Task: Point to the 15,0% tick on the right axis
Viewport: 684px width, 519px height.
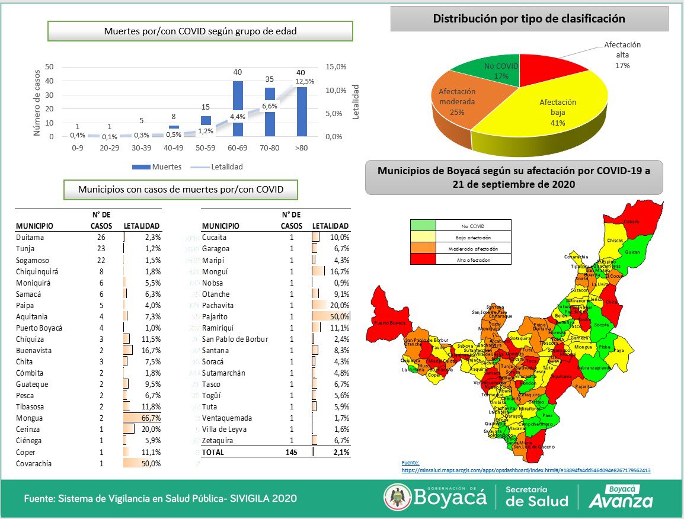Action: click(x=336, y=67)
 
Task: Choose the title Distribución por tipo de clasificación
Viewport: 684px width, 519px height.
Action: click(x=529, y=19)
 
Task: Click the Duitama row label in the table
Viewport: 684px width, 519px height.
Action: click(x=30, y=237)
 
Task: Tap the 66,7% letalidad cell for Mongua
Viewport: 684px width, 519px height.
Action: click(x=143, y=418)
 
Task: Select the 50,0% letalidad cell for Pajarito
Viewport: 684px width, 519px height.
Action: click(x=332, y=316)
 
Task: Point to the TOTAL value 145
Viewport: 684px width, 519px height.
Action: click(x=291, y=452)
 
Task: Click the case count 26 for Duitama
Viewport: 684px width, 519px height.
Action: click(x=101, y=237)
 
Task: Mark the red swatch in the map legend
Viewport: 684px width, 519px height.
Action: click(x=423, y=259)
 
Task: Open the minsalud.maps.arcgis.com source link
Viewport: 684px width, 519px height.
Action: click(x=526, y=470)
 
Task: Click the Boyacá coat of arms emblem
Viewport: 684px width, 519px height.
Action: click(x=395, y=497)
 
